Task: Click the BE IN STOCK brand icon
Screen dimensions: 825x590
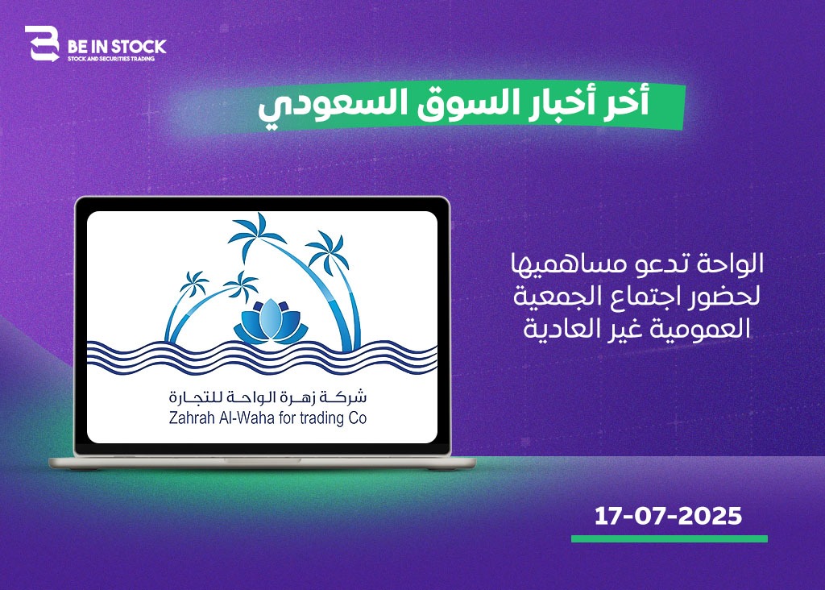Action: [x=42, y=44]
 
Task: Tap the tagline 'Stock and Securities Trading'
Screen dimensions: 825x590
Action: [x=111, y=59]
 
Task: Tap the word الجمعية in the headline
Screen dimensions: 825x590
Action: [x=553, y=296]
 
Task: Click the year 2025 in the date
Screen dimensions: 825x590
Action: [x=710, y=516]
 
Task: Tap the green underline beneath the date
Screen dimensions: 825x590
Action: [x=670, y=538]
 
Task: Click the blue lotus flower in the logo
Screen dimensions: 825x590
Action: [x=271, y=321]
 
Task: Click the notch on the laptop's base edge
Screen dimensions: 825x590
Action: [x=263, y=460]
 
